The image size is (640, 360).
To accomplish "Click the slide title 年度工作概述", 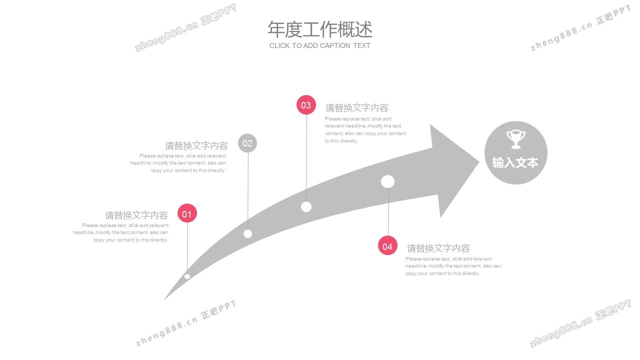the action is [320, 29].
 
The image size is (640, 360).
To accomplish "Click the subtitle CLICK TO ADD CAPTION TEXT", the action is [319, 45].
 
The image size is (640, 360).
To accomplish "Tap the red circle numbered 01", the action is [187, 213].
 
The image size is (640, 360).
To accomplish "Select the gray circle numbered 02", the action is [247, 143].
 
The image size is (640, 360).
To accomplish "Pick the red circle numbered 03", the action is [306, 105].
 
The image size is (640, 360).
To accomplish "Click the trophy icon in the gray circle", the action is [515, 139].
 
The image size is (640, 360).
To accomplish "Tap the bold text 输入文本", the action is [515, 163].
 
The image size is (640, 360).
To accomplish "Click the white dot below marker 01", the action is [187, 276].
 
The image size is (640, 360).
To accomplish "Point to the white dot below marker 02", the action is [247, 233].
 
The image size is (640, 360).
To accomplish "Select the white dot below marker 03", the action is [306, 206].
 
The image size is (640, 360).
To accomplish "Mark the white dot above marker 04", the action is [387, 181].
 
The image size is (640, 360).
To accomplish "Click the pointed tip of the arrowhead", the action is [479, 162].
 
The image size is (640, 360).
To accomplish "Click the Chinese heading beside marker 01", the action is [136, 215].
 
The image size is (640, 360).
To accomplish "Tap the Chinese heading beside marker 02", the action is [196, 145].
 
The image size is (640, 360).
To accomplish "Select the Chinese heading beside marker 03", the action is [357, 107].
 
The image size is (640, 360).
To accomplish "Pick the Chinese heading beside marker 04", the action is [438, 248].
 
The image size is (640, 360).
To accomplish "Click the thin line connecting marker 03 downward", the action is [306, 158].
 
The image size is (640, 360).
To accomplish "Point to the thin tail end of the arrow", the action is [164, 299].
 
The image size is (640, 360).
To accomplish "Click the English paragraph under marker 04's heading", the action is [453, 266].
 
